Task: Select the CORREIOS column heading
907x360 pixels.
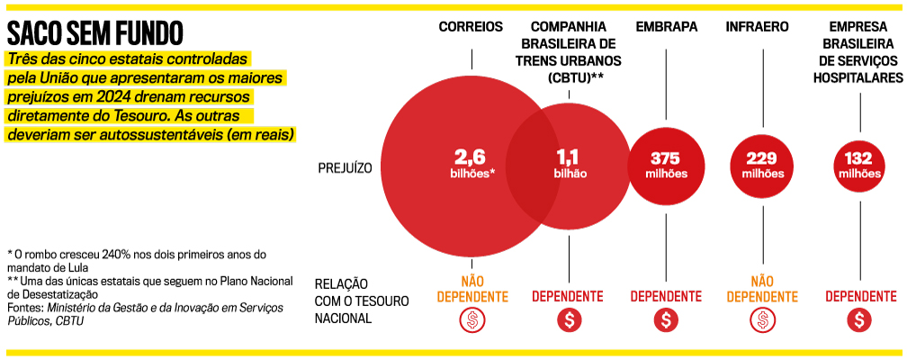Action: (471, 27)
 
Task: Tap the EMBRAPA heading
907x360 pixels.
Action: (666, 27)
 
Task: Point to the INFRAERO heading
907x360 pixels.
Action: (762, 27)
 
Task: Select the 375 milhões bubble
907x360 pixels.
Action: (666, 164)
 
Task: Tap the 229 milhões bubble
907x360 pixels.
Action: (762, 164)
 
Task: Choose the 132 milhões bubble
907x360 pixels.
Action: (859, 164)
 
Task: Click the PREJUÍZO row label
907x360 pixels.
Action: (346, 167)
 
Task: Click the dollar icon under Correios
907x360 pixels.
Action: (472, 319)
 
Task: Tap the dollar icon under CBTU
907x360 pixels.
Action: (568, 319)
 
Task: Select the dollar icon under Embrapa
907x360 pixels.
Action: (666, 319)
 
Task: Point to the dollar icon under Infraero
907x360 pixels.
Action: (762, 319)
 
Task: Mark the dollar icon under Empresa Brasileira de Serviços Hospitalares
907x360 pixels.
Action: (860, 319)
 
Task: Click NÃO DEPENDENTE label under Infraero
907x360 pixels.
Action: (762, 289)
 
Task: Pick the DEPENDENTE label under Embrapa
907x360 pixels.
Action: (666, 296)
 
